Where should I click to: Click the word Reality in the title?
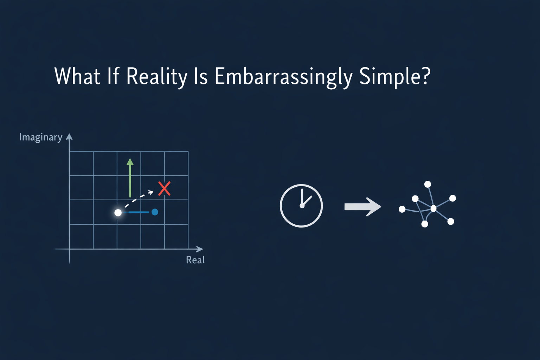click(x=156, y=76)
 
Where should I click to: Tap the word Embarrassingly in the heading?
click(x=283, y=76)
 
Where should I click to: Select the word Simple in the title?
click(x=391, y=76)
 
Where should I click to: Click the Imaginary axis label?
click(x=41, y=137)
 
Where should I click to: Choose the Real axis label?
click(x=195, y=260)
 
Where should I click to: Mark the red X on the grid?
click(x=164, y=189)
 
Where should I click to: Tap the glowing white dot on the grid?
click(x=118, y=213)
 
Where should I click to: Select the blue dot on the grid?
click(x=155, y=212)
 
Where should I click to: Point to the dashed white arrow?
click(x=139, y=199)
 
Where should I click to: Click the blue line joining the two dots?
click(x=137, y=212)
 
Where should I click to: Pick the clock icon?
click(x=301, y=206)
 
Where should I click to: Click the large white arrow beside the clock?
click(x=362, y=206)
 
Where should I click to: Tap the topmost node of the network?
click(x=427, y=184)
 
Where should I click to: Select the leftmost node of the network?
click(x=402, y=210)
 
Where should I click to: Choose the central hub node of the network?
click(x=433, y=208)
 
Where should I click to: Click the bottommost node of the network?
click(x=425, y=224)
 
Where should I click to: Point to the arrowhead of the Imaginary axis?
click(x=69, y=137)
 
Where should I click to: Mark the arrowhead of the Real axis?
click(x=200, y=249)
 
